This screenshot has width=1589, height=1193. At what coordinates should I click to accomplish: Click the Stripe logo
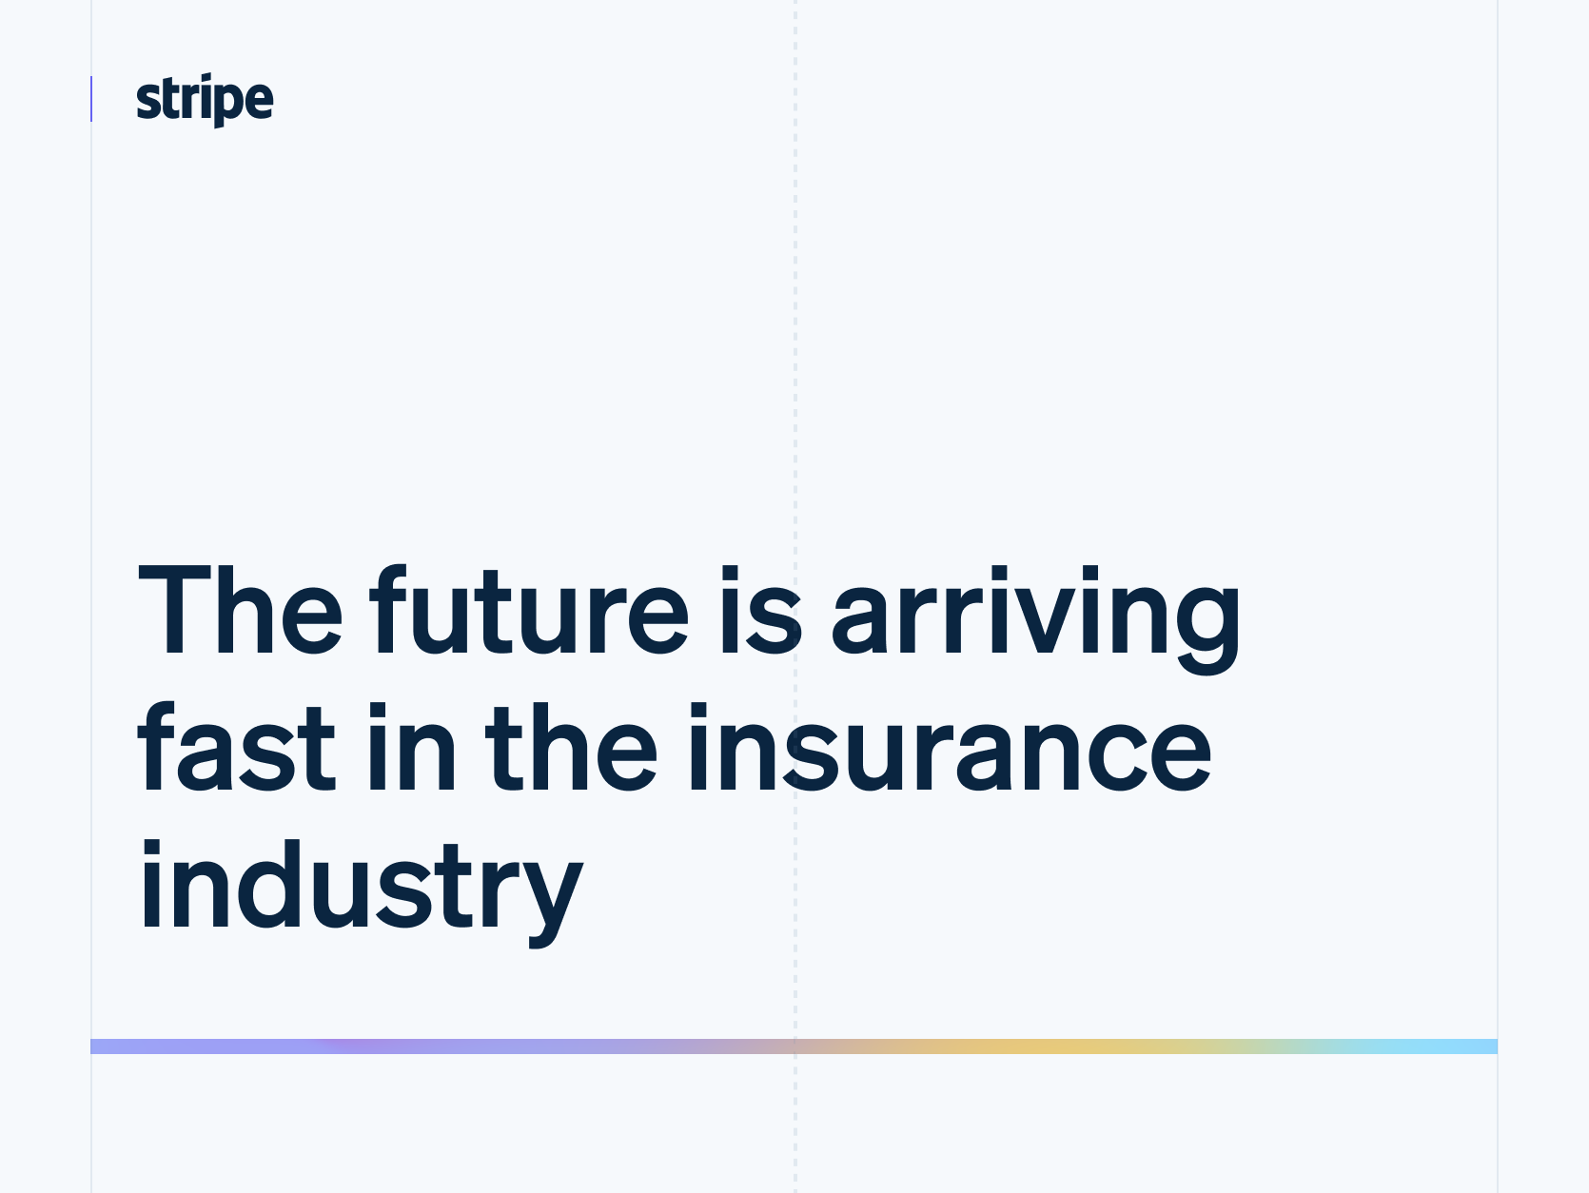click(205, 99)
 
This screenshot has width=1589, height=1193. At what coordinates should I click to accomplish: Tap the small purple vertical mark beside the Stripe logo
click(91, 99)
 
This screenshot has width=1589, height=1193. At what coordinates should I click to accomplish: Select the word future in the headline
click(528, 611)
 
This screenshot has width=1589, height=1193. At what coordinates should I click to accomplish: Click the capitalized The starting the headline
click(240, 611)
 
